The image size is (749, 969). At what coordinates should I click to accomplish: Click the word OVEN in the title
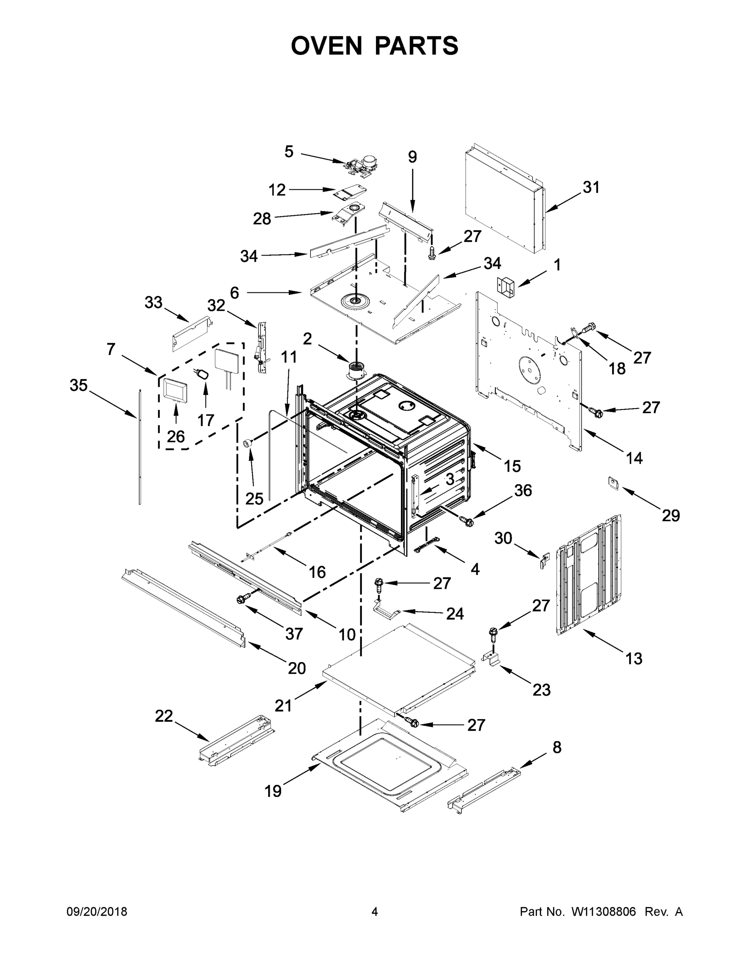pyautogui.click(x=326, y=45)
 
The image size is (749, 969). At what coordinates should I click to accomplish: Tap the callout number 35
pyautogui.click(x=79, y=385)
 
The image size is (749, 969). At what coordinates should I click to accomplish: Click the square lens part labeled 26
pyautogui.click(x=176, y=390)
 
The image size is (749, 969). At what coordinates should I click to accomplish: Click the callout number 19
pyautogui.click(x=273, y=791)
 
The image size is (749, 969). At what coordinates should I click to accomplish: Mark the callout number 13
pyautogui.click(x=634, y=659)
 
